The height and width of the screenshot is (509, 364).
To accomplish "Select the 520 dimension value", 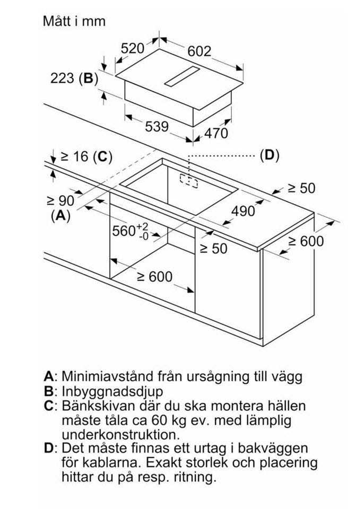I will click(x=133, y=49).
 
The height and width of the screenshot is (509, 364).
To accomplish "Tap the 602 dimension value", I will click(x=200, y=51).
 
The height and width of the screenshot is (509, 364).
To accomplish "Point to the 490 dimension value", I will click(x=244, y=210).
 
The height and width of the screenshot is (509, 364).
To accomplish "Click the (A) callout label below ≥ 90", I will click(x=60, y=216).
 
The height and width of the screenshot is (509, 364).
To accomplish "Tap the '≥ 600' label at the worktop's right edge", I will click(x=305, y=241).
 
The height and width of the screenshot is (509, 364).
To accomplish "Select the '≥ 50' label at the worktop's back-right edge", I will click(x=301, y=188).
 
